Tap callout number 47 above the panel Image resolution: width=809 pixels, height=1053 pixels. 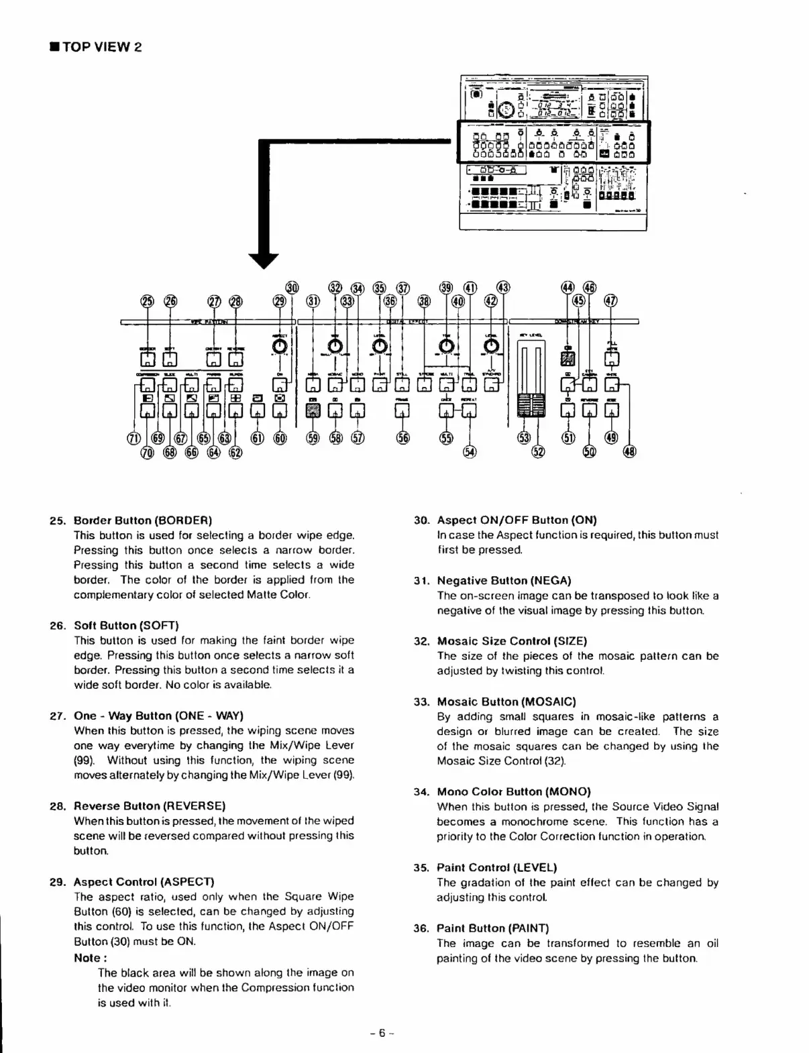pos(610,300)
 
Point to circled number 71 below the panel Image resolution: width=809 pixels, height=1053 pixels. pos(133,439)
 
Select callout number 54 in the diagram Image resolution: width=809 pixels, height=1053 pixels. pos(470,452)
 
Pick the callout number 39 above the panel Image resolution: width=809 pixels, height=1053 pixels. pos(446,288)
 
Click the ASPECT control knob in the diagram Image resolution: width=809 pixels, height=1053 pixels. pos(281,346)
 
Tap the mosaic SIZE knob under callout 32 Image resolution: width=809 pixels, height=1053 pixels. pos(335,346)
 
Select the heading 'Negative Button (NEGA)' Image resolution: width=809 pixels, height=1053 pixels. pos(504,580)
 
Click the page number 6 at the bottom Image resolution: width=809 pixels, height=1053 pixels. pos(380,1033)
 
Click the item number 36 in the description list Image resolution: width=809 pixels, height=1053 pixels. pos(421,928)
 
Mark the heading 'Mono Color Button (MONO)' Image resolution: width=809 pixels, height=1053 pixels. pos(514,791)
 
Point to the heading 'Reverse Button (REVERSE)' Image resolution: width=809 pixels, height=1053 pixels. pos(150,806)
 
